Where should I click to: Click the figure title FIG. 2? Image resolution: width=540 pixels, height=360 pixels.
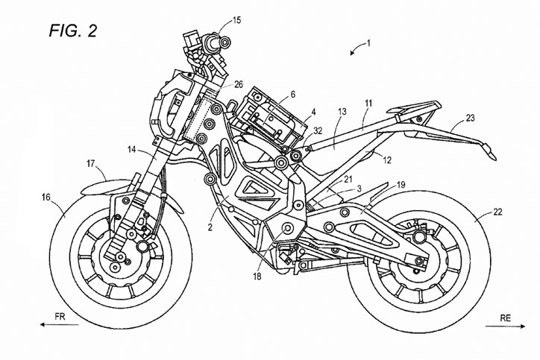[x=72, y=31]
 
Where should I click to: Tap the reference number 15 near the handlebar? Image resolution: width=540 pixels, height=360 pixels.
[x=237, y=19]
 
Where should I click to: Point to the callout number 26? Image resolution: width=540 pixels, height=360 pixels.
[x=238, y=84]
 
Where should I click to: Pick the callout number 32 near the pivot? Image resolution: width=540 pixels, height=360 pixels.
[x=318, y=131]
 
